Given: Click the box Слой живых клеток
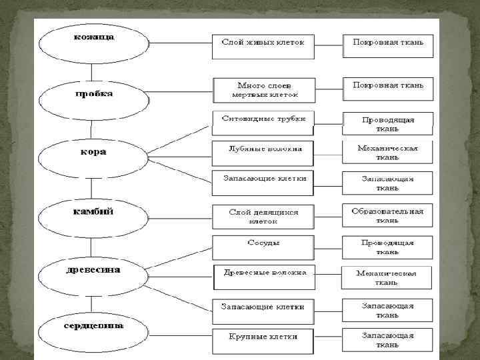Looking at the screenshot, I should point(263,45).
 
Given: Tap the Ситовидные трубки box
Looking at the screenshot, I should point(263,120).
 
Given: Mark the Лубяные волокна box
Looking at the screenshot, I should point(263,151).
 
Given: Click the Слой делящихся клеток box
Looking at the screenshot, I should point(263,217).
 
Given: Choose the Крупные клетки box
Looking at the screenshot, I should point(263,340).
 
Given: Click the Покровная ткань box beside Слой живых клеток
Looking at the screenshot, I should point(387,45).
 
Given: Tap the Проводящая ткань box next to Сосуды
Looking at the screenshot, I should point(387,247).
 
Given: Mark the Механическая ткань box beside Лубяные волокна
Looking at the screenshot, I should point(387,152).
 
